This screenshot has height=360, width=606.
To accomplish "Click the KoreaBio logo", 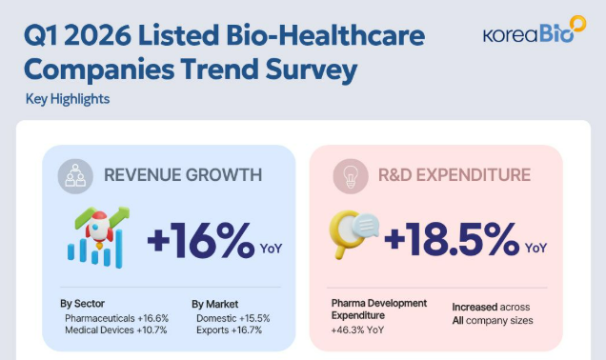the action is click(x=535, y=30).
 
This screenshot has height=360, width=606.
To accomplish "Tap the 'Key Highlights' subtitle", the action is click(x=68, y=99).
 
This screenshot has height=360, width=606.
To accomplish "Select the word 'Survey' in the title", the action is click(x=312, y=70).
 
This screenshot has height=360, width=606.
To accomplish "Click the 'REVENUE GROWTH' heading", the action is click(x=183, y=175).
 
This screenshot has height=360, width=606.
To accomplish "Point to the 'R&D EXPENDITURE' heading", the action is click(x=454, y=175).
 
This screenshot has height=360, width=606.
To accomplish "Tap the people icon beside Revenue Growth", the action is click(x=75, y=176).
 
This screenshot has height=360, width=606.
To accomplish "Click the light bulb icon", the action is click(x=351, y=176).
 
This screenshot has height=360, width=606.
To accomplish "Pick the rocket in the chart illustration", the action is click(x=100, y=230).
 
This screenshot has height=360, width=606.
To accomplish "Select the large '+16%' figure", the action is click(x=201, y=240).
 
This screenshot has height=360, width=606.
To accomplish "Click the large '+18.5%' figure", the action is click(x=452, y=240).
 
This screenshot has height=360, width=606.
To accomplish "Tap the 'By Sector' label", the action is click(x=82, y=304).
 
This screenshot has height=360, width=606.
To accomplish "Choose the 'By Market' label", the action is click(x=215, y=304).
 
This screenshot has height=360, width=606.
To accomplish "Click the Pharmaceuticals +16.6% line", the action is click(x=116, y=318).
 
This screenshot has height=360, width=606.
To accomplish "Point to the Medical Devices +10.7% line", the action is click(x=116, y=330).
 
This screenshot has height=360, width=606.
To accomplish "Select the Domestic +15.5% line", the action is click(x=233, y=318).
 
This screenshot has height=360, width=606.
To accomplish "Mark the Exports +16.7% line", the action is click(x=230, y=330).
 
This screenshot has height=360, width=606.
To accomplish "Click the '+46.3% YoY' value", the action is click(x=357, y=330).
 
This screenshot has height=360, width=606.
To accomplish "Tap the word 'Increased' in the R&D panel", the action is click(x=475, y=307).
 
